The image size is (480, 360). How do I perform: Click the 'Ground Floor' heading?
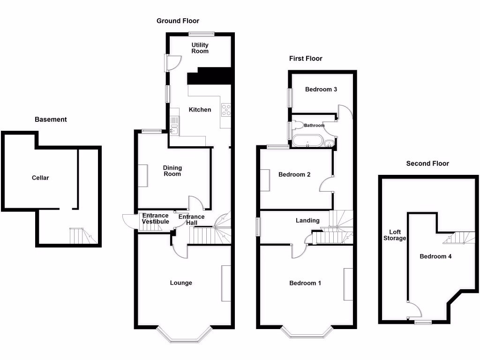(178, 21)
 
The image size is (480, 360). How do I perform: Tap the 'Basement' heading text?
(51, 120)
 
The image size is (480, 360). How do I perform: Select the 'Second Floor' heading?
(427, 164)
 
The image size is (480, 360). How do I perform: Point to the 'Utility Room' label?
(200, 48)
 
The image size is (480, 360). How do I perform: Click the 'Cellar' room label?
(40, 178)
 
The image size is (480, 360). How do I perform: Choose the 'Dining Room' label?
(172, 171)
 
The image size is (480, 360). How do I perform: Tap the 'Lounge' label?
(181, 283)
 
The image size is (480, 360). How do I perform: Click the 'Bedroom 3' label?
(321, 89)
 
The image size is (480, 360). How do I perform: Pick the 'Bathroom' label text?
(314, 125)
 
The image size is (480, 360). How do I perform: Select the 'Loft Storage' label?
(397, 235)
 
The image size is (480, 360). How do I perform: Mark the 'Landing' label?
(307, 220)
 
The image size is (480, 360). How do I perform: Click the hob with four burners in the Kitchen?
(226, 109)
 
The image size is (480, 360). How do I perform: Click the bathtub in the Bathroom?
(307, 141)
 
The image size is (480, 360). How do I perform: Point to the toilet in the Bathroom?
(298, 126)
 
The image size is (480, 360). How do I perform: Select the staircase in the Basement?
(77, 236)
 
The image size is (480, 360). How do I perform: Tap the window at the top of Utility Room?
(202, 33)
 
